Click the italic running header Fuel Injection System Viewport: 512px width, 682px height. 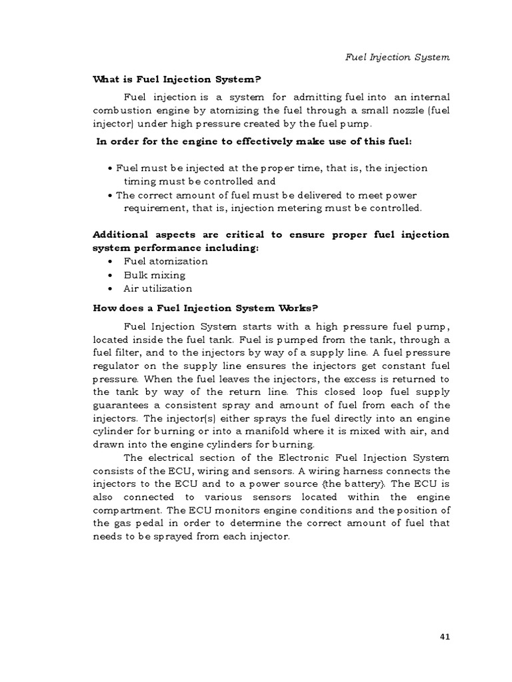coord(397,57)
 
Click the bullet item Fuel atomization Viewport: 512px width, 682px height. coord(165,261)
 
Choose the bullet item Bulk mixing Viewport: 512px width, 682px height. coord(154,275)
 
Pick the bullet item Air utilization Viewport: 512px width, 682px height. coord(157,288)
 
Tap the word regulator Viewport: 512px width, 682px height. coord(115,365)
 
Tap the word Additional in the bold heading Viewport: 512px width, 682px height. coord(117,234)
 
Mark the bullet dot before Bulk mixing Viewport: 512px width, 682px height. coord(109,275)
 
